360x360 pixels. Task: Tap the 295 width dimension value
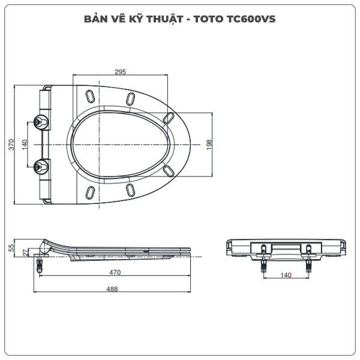(120, 72)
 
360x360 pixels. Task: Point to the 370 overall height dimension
(10, 145)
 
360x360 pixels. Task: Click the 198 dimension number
(210, 145)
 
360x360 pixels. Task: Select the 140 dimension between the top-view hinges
(25, 145)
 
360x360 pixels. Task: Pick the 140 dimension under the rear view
(285, 275)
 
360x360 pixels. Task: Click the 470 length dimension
(115, 272)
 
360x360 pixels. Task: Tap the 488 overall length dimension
(112, 289)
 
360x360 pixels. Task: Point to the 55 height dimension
(11, 248)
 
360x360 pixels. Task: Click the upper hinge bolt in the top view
(41, 121)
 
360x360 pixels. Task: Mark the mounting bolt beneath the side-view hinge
(40, 262)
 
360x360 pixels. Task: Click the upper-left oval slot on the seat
(90, 97)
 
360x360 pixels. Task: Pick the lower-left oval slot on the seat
(90, 193)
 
